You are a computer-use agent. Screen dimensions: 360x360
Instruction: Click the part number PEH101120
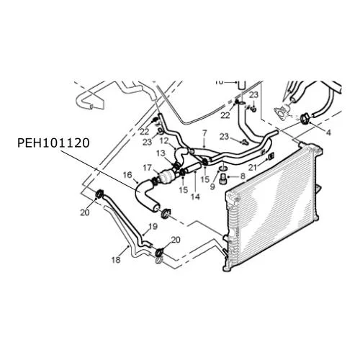click(53, 143)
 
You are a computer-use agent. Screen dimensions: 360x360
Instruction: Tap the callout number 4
click(328, 132)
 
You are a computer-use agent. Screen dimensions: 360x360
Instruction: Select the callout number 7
click(204, 132)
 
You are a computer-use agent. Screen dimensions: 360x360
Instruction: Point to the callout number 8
click(243, 176)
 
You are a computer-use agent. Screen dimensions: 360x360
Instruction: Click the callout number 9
click(212, 186)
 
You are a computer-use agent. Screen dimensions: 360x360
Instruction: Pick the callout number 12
click(164, 141)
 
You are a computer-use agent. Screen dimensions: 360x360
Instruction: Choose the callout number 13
click(161, 153)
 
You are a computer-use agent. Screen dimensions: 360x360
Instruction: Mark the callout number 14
click(195, 197)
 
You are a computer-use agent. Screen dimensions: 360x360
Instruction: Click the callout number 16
click(127, 175)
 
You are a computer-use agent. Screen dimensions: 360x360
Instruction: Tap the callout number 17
click(148, 168)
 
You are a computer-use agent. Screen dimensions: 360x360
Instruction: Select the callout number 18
click(116, 260)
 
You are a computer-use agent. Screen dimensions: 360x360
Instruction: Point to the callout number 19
click(153, 226)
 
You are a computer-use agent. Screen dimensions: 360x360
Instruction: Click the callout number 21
click(253, 168)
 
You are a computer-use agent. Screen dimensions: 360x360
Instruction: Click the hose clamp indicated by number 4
click(305, 120)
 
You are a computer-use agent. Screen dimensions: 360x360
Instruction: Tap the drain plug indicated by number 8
click(222, 179)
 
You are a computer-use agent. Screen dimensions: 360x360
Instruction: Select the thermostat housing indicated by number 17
click(166, 176)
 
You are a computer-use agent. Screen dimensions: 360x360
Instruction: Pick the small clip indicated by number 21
click(271, 156)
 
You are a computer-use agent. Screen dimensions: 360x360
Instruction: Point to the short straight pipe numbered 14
click(194, 167)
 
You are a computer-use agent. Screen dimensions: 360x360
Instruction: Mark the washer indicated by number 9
click(223, 167)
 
